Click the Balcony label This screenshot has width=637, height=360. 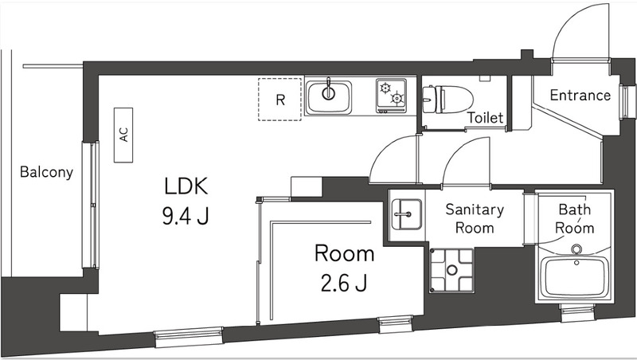46,171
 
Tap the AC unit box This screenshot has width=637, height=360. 123,135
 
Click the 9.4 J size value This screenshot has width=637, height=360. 186,215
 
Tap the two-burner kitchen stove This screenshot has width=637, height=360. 391,96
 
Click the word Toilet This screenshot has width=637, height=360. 485,118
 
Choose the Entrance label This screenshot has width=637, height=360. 580,96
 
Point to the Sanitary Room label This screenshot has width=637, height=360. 475,219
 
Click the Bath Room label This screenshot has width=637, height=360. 575,219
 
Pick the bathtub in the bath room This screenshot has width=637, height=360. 574,273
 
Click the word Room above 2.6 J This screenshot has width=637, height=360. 344,254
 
